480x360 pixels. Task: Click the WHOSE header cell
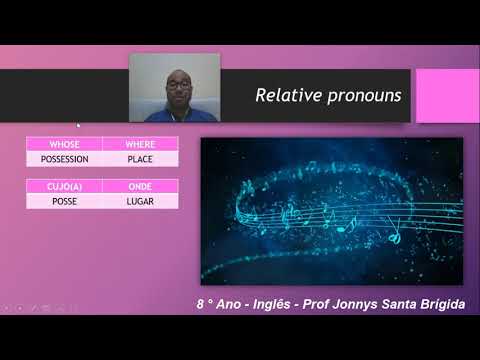64,145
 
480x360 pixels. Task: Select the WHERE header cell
140,145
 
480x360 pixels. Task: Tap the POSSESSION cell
64,158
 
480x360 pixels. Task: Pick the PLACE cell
140,158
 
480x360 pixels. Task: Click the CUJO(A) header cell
64,187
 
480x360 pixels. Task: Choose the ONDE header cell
140,187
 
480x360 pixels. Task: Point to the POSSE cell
64,201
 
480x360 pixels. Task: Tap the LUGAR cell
140,201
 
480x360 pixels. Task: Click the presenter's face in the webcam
177,90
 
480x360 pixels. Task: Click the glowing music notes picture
331,210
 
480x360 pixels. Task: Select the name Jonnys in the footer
371,304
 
